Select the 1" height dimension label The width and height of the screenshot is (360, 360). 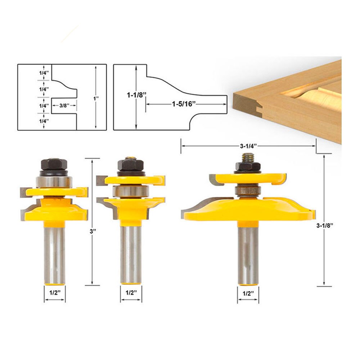tap(96, 98)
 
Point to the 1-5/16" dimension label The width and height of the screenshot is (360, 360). tap(184, 104)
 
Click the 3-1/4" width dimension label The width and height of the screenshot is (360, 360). tap(248, 146)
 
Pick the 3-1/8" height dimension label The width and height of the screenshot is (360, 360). tap(324, 226)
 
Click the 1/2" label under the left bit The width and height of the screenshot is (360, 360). tap(54, 293)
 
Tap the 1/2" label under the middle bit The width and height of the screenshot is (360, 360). tap(131, 293)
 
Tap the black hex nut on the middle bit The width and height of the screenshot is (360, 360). tap(130, 165)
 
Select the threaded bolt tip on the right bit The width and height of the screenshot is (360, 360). tap(248, 157)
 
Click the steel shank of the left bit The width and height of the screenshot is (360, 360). tap(54, 252)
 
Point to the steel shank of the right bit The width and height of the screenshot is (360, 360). tap(248, 252)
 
